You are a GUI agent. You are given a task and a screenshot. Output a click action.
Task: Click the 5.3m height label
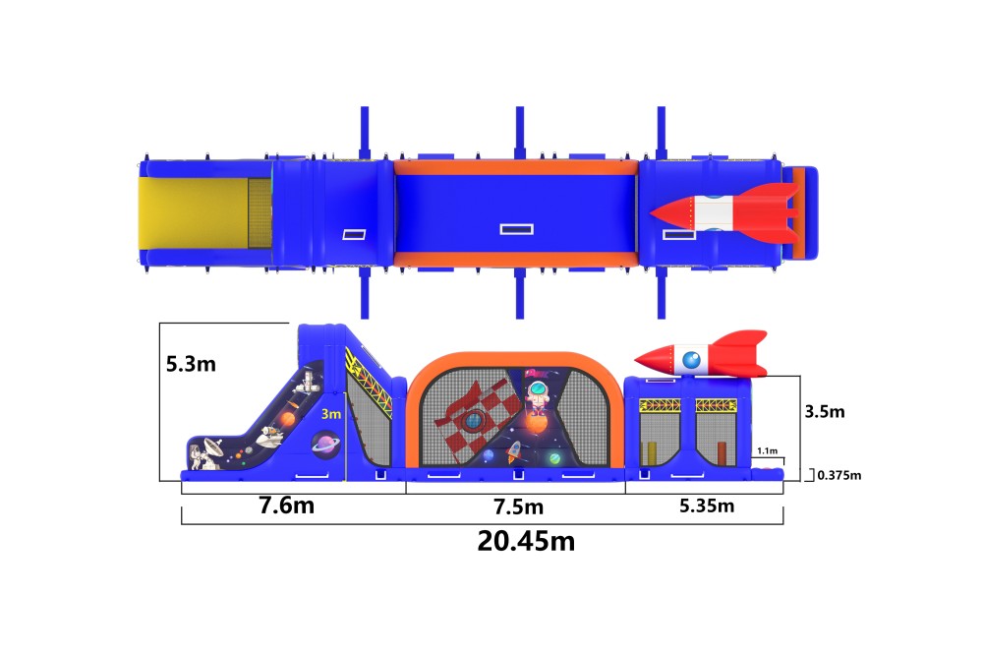[192, 364]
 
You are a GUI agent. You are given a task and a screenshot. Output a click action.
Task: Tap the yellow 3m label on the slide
[331, 414]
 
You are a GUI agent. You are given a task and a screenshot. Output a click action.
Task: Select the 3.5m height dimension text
[825, 411]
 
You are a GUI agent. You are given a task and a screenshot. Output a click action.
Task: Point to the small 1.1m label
[768, 450]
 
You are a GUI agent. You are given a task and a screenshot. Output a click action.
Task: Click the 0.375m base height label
[838, 476]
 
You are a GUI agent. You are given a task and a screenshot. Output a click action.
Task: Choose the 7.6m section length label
[286, 506]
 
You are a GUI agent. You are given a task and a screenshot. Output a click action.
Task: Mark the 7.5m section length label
[518, 506]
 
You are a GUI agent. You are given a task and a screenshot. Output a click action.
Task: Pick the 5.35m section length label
[707, 506]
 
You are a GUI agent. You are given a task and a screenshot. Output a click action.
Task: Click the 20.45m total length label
[526, 541]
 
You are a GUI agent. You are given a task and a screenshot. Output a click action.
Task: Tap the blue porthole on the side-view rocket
[691, 360]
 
